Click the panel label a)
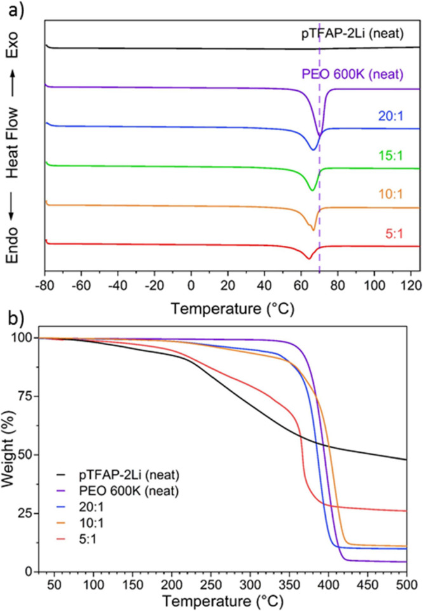(13, 8)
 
